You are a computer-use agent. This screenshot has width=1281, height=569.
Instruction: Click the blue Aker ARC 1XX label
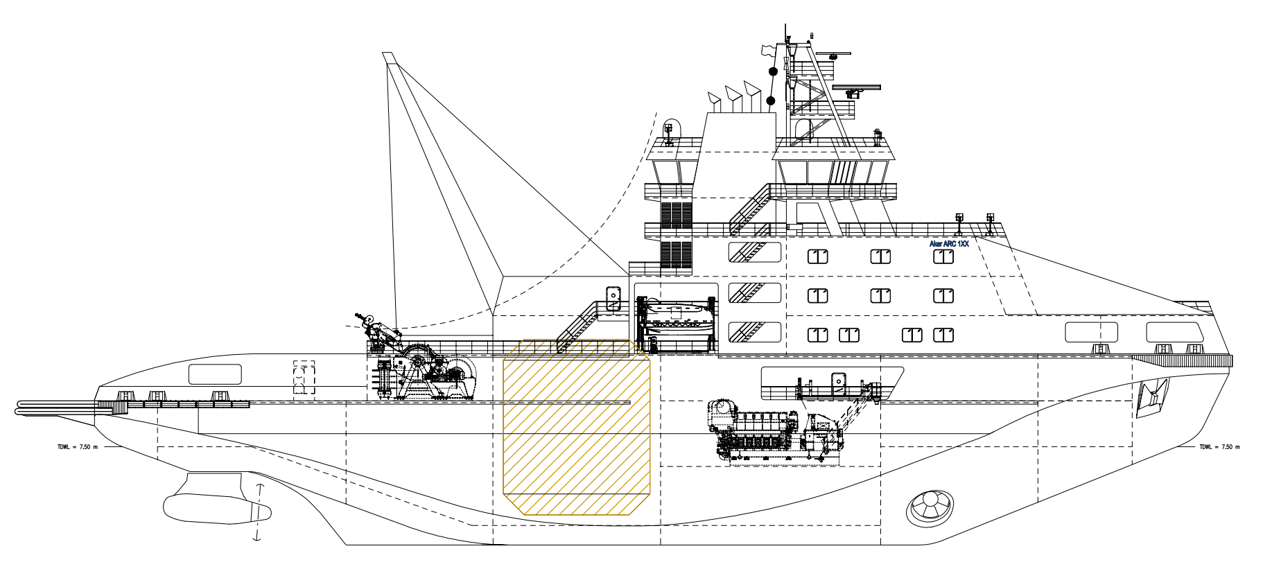tap(949, 244)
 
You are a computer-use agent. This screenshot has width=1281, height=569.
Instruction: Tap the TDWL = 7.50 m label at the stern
tap(78, 447)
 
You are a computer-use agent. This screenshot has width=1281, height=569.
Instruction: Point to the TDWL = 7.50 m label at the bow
tap(1219, 447)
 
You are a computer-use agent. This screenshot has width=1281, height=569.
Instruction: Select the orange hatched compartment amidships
tap(576, 428)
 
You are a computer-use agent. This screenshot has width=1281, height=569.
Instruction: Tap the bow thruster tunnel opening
tap(930, 507)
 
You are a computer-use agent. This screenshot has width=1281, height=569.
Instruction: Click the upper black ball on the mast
tap(774, 71)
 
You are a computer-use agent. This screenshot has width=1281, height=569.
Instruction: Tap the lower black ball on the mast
tap(770, 101)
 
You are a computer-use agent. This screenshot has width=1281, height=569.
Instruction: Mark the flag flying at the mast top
tap(767, 50)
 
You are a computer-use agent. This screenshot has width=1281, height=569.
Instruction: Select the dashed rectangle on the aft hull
tap(304, 378)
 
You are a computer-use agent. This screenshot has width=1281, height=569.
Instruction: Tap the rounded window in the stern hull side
tap(215, 374)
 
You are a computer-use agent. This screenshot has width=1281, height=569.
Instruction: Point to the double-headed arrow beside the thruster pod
tap(259, 512)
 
